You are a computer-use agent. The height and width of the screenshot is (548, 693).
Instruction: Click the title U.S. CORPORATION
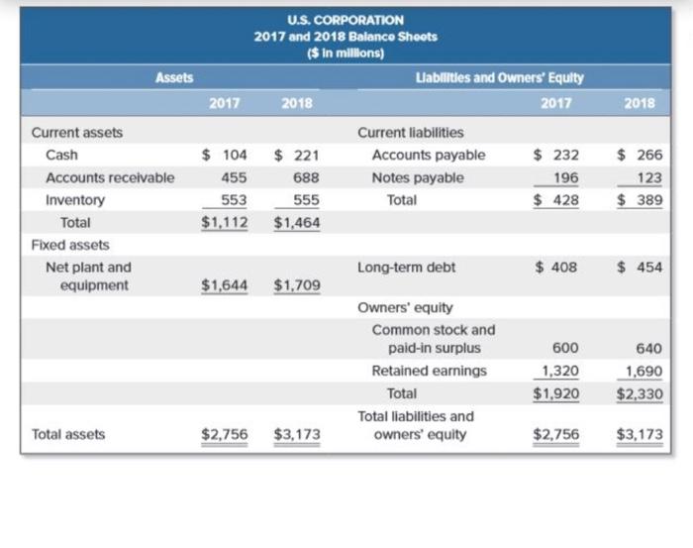click(x=345, y=20)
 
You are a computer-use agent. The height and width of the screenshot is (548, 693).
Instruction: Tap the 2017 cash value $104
click(x=225, y=156)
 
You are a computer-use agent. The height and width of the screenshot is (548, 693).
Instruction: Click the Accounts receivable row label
click(x=110, y=177)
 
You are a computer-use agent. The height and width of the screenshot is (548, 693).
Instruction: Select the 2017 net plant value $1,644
click(x=225, y=286)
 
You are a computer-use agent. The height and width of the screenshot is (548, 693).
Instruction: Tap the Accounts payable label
click(x=429, y=155)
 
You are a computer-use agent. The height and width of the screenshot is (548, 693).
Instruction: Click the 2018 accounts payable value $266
click(x=640, y=155)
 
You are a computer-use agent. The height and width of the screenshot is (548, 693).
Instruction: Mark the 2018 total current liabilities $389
click(x=640, y=199)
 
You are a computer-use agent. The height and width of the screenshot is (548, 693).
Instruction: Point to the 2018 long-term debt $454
click(x=640, y=267)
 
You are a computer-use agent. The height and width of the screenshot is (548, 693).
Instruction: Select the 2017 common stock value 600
click(x=566, y=349)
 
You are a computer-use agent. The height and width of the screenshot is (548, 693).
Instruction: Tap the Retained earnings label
click(x=430, y=371)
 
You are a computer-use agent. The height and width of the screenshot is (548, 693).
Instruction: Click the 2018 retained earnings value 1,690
click(x=643, y=371)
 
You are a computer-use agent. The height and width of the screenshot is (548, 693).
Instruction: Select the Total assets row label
click(x=68, y=434)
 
